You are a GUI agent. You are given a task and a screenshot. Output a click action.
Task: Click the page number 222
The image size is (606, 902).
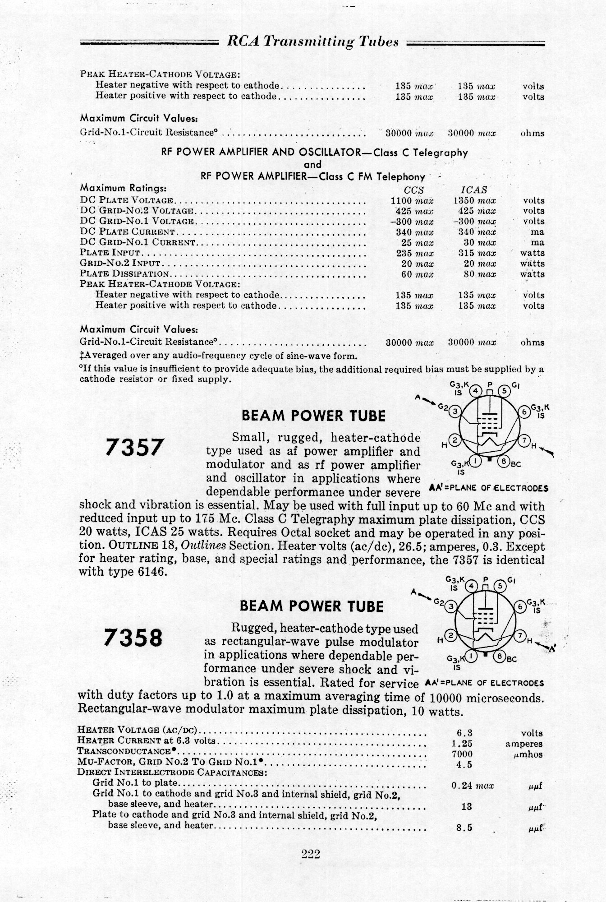coord(311,853)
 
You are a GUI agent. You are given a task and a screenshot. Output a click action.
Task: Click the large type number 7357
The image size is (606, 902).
coord(133,447)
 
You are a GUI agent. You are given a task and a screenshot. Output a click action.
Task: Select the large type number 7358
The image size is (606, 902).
coord(133,638)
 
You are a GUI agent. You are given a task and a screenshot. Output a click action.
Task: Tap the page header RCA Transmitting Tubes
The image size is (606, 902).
coord(312,42)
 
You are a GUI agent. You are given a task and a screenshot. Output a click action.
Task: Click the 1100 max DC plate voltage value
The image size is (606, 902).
coord(412,200)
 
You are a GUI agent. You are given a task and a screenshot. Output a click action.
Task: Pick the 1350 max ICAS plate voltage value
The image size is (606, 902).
coord(474,200)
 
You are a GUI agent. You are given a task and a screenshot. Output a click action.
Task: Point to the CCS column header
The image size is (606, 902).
coord(413,190)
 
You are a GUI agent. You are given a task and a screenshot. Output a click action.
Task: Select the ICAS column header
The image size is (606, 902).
coord(474,190)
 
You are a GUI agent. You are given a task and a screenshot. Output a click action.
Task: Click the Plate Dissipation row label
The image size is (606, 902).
coord(125,273)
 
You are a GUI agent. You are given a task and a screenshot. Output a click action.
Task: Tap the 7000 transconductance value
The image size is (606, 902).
coord(462,754)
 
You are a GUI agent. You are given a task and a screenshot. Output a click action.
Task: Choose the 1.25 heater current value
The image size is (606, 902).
coord(462,744)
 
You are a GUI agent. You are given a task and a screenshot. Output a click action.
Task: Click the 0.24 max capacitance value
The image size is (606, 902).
coord(472,786)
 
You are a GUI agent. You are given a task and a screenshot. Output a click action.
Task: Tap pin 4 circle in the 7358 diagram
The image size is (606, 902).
coord(471,586)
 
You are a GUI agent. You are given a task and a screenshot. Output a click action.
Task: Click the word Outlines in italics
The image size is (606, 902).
coord(203,545)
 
